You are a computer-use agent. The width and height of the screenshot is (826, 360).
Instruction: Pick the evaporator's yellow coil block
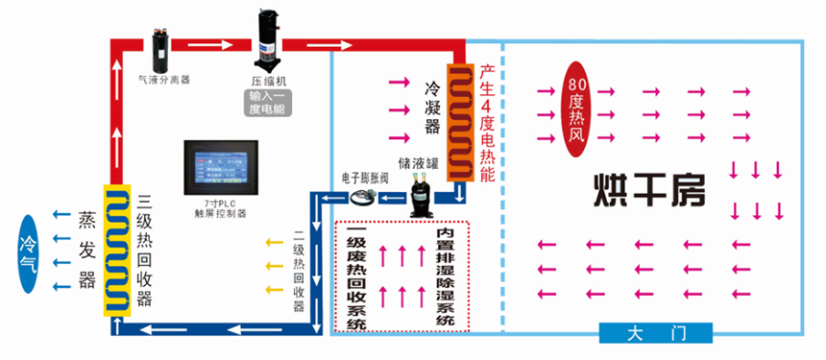(117, 251)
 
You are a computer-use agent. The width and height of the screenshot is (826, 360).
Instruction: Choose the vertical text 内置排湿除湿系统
(445, 275)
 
